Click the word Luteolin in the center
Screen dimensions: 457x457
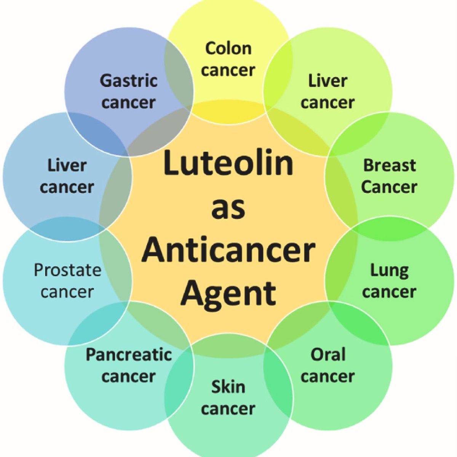(228, 163)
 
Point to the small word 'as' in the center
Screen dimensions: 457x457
(228, 208)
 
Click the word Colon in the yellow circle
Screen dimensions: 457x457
(228, 48)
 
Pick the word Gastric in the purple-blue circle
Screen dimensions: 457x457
(129, 81)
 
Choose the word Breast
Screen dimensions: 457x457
(389, 165)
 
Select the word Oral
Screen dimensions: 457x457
(328, 355)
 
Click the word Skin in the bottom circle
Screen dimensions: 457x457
(228, 387)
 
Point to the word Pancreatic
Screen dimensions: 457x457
(129, 355)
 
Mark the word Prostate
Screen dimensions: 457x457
(67, 270)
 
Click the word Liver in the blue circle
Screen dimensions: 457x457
(67, 165)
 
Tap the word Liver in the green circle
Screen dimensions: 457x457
(328, 81)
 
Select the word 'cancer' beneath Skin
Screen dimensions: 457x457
(228, 409)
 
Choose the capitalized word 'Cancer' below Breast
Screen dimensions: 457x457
(389, 187)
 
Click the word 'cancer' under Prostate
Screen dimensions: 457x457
(67, 292)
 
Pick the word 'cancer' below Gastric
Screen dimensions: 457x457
(129, 102)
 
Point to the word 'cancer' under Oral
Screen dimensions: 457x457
(328, 376)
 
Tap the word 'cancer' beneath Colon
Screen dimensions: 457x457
(228, 70)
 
